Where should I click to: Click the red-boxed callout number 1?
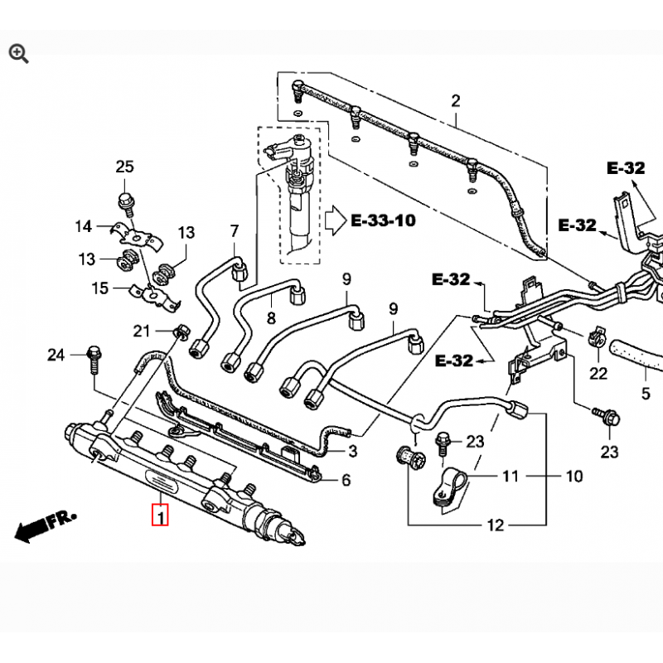(x=160, y=515)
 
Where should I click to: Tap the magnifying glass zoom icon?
(x=18, y=55)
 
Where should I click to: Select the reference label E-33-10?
(x=383, y=220)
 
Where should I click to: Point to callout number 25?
(x=125, y=167)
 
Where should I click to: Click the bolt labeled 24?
(x=94, y=360)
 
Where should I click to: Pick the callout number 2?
(x=455, y=101)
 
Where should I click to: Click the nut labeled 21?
(x=182, y=331)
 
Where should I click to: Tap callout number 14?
(x=84, y=226)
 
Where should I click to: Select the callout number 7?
(x=235, y=231)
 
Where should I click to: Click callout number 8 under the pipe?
(x=271, y=317)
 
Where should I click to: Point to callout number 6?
(x=346, y=480)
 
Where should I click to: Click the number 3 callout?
(x=353, y=451)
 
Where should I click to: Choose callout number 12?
(x=496, y=525)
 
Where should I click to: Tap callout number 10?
(x=574, y=477)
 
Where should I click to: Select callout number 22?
(x=598, y=374)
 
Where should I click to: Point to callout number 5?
(x=646, y=394)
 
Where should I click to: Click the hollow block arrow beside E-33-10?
(x=336, y=220)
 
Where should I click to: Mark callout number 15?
(x=100, y=288)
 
